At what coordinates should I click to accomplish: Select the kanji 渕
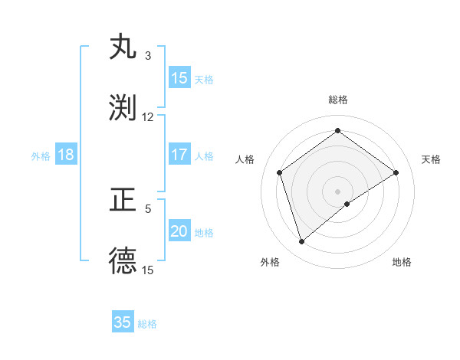[x=123, y=107]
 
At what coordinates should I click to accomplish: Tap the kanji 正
[x=123, y=201]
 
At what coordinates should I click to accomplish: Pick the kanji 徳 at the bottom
[x=123, y=261]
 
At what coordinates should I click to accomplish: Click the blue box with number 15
[x=179, y=78]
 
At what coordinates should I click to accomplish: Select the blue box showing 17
[x=179, y=155]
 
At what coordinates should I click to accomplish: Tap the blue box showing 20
[x=179, y=231]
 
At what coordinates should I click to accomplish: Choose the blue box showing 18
[x=66, y=155]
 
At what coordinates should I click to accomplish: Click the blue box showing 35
[x=123, y=322]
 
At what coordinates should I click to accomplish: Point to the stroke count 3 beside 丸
[x=148, y=56]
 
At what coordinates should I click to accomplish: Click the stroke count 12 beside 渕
[x=148, y=117]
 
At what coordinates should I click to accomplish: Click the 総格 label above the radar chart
[x=338, y=100]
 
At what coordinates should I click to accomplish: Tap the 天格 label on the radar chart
[x=431, y=159]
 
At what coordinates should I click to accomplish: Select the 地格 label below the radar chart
[x=402, y=262]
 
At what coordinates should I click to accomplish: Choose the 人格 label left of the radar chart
[x=245, y=159]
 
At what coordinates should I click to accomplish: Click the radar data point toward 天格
[x=396, y=172]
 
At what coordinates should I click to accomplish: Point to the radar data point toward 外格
[x=301, y=242]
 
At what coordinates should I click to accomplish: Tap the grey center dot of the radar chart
[x=338, y=191]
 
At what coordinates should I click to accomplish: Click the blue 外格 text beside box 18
[x=41, y=156]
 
